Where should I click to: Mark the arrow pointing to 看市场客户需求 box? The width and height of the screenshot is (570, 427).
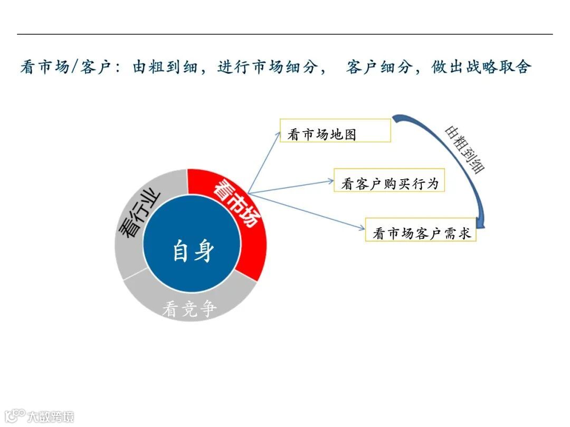point(306,210)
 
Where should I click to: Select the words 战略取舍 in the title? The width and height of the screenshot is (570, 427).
point(498,67)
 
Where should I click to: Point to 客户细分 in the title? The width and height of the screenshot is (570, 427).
point(378,67)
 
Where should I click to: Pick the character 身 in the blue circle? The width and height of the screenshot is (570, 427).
point(204,250)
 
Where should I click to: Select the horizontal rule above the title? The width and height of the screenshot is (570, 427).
point(285,34)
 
